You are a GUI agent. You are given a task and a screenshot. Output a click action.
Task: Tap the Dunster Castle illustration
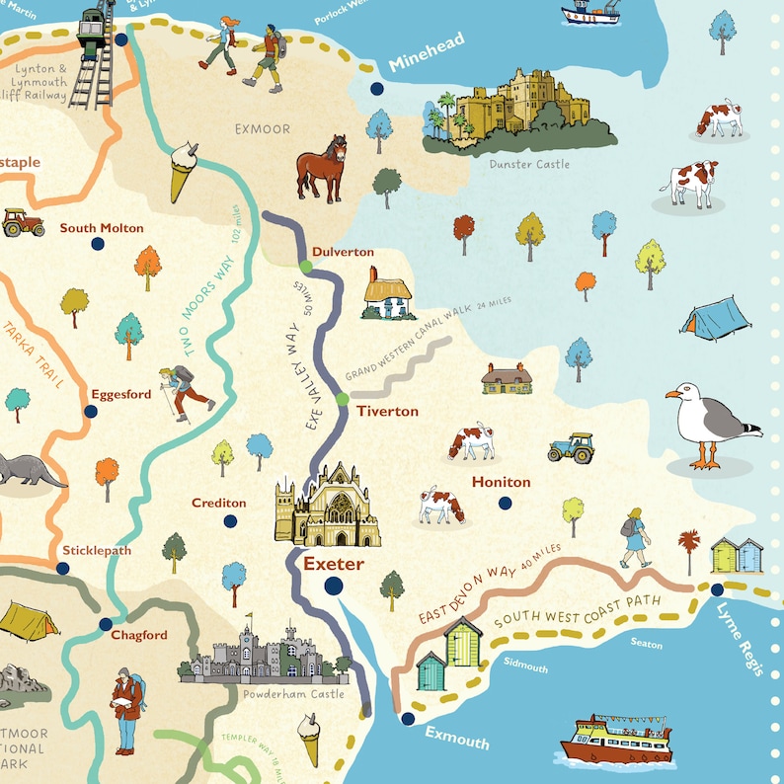(519, 111)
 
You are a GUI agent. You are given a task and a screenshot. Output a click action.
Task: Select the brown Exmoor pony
(322, 168)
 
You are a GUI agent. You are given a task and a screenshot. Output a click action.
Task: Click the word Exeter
(333, 565)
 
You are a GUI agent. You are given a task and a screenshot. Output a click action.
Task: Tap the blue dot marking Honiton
(506, 503)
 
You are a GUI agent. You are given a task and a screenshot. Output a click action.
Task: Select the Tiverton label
(387, 411)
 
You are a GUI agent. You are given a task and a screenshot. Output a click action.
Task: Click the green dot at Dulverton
(306, 266)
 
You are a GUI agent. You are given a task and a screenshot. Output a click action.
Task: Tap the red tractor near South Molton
(23, 222)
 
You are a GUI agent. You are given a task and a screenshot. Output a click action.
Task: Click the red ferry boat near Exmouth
(616, 738)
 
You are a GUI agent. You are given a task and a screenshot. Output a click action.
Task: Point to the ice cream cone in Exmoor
(183, 170)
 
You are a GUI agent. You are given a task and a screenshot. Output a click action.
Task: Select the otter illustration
(28, 471)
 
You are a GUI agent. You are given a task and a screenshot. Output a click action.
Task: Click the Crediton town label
(219, 503)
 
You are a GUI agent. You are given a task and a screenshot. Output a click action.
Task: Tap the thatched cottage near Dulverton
(389, 294)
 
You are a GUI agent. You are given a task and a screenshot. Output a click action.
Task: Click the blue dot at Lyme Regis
(717, 589)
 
